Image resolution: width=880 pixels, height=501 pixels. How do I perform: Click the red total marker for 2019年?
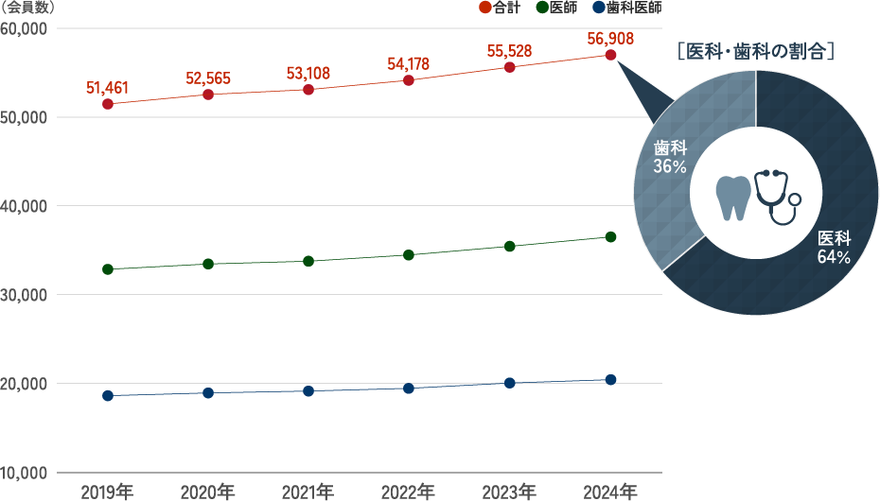pos(108,104)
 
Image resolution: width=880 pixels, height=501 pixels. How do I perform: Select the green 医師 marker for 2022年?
pos(409,255)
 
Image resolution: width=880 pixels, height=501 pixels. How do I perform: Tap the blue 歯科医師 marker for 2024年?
pos(610,380)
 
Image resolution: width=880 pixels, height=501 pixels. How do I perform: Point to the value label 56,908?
pos(610,39)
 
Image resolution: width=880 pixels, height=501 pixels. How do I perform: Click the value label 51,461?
pos(107,88)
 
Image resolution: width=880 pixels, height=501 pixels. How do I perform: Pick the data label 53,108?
pos(308,74)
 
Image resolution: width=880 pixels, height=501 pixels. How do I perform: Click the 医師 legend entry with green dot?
pos(556,9)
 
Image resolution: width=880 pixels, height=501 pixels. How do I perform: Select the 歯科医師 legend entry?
pos(627,9)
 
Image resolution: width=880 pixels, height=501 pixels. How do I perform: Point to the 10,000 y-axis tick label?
pos(26,472)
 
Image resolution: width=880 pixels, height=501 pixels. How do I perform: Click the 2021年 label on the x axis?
pos(308,492)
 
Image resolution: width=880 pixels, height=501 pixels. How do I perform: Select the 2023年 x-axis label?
pos(509,492)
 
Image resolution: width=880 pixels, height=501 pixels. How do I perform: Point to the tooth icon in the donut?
pos(733,197)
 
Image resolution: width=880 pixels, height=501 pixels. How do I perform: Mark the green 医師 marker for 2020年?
pos(208,264)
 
